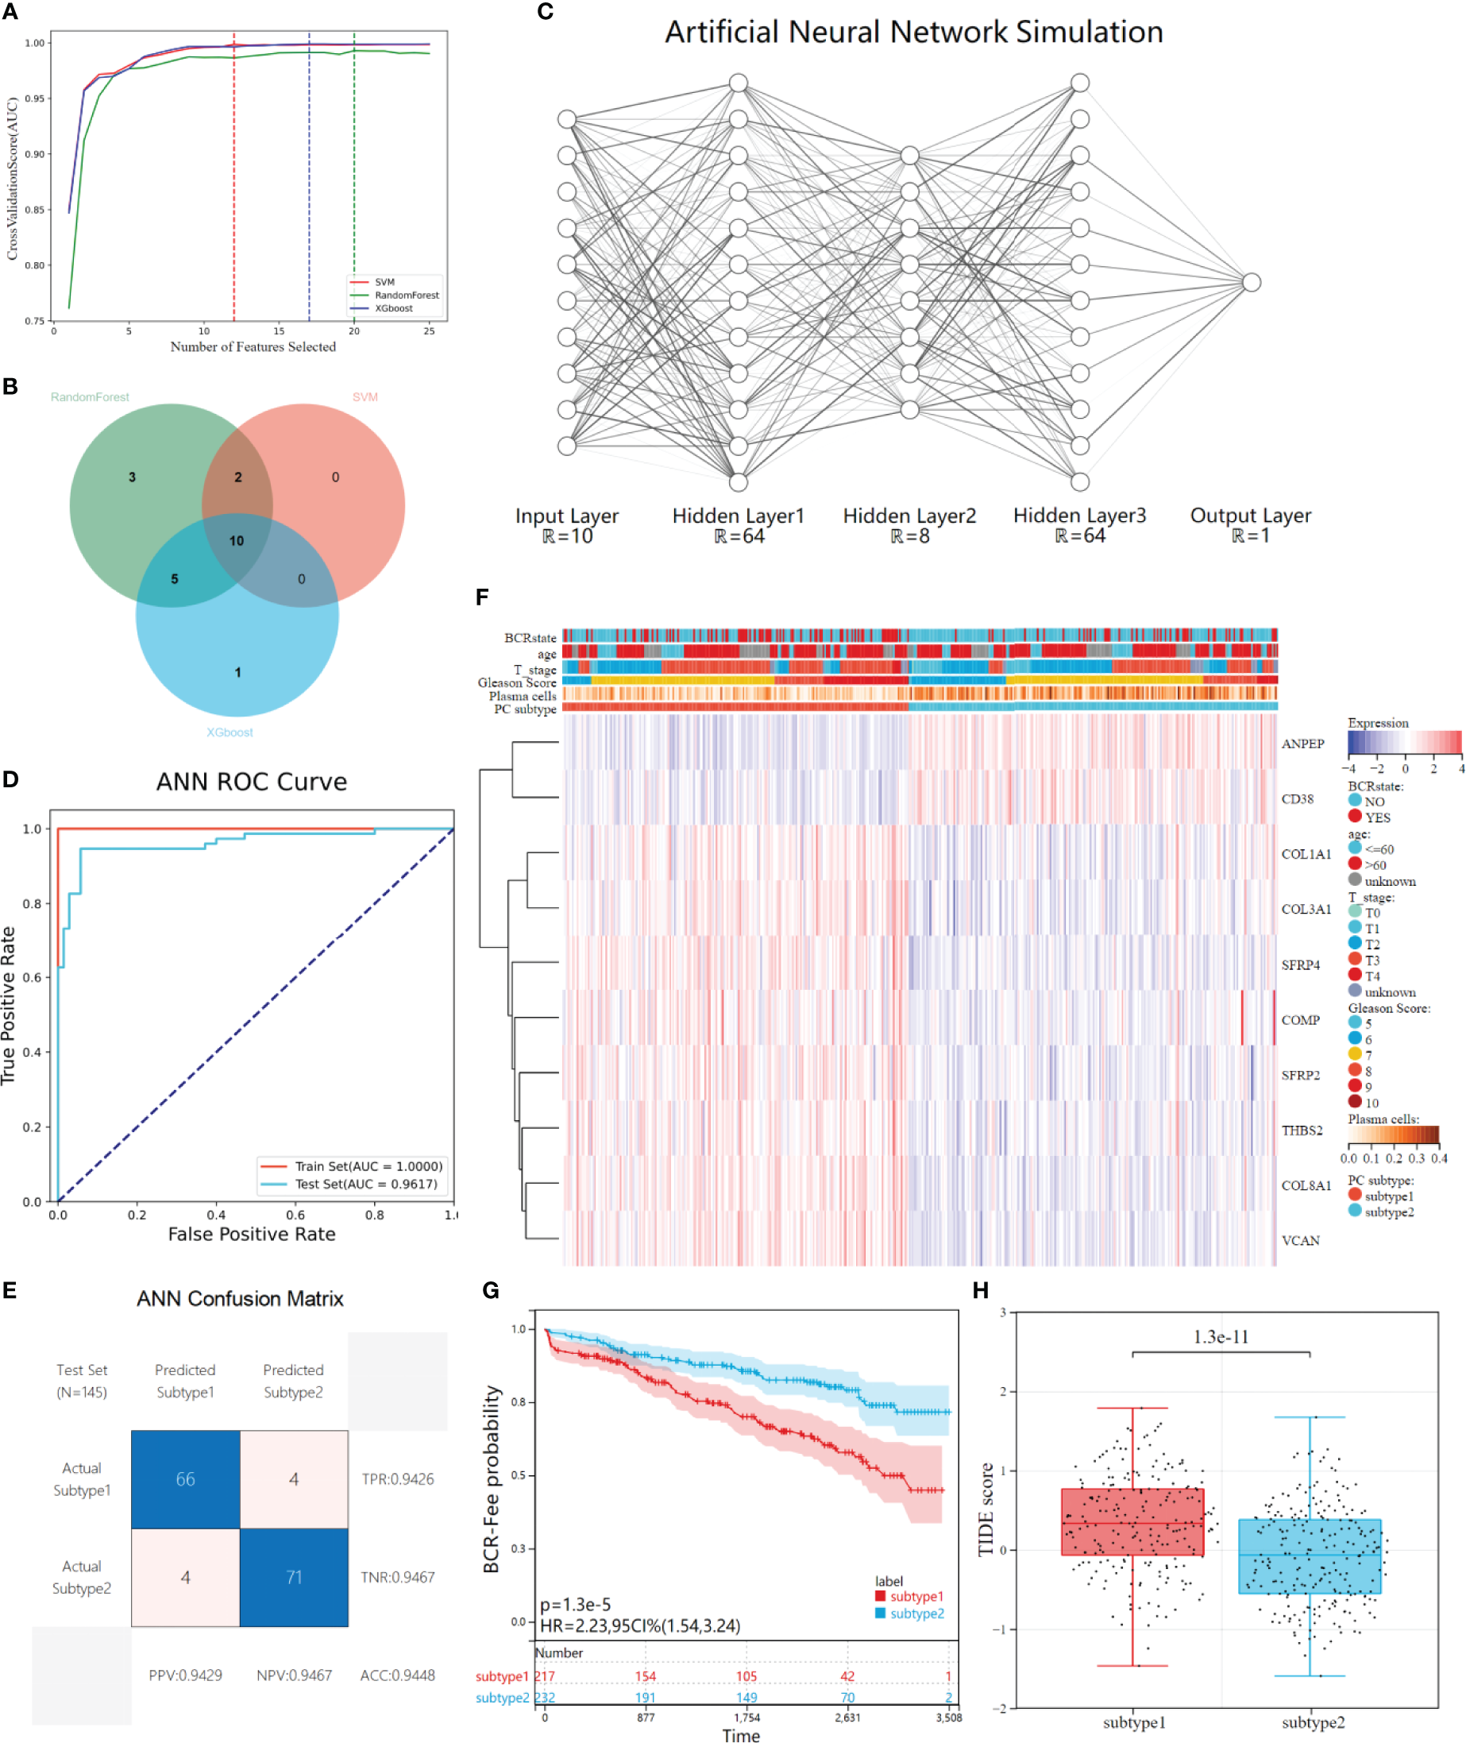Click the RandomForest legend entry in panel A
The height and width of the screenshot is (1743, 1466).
coord(406,295)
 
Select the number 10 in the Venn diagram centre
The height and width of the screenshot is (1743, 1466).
coord(237,541)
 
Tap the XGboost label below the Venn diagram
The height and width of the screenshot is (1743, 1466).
coord(230,732)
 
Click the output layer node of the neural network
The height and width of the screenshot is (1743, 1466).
coord(1251,283)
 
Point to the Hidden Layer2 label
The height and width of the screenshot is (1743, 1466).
coord(909,516)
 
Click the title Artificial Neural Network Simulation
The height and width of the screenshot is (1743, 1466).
coord(913,33)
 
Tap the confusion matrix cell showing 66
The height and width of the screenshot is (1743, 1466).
coord(185,1478)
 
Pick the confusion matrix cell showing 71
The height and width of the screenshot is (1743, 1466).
coord(293,1577)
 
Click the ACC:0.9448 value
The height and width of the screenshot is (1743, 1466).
coord(397,1675)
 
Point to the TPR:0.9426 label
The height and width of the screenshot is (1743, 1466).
coord(397,1478)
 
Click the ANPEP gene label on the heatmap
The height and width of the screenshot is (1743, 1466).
coord(1302,744)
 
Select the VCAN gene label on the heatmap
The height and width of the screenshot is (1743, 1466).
coord(1300,1240)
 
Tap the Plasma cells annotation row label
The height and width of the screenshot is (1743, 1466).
coord(522,696)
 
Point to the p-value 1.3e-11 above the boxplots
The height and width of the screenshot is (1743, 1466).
coord(1220,1336)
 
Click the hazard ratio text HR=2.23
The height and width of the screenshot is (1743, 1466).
coord(640,1625)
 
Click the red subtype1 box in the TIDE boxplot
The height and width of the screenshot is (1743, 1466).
coord(1132,1522)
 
